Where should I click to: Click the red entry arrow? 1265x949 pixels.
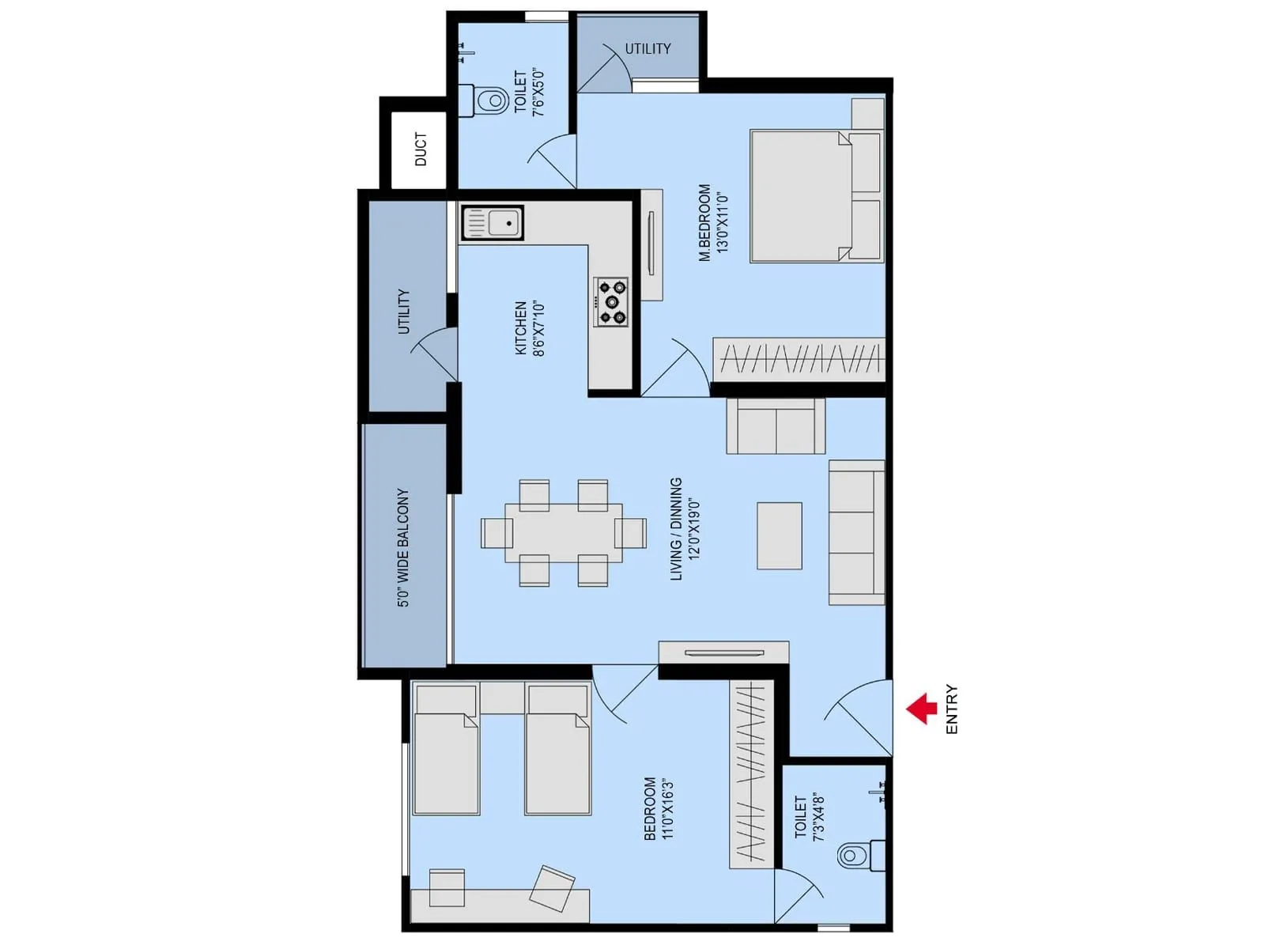(922, 709)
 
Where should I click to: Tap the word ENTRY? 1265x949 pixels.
(951, 709)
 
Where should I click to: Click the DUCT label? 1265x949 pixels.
(421, 149)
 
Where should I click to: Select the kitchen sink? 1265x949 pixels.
(493, 223)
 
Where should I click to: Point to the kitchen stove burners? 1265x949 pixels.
(611, 301)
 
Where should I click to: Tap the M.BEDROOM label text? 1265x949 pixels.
(704, 223)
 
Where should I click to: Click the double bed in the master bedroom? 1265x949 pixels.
(814, 195)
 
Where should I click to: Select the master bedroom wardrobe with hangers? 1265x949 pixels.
(799, 360)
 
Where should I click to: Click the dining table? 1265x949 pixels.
(563, 532)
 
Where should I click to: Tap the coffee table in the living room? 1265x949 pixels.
(779, 535)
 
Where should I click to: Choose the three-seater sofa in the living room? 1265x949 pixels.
(856, 532)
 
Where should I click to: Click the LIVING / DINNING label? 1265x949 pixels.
(676, 529)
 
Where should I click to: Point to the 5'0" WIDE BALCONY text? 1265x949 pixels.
(403, 547)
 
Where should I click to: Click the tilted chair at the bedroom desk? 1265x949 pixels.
(551, 888)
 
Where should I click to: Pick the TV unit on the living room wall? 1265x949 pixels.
(723, 652)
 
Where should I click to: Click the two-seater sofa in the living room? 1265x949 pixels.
(776, 425)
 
